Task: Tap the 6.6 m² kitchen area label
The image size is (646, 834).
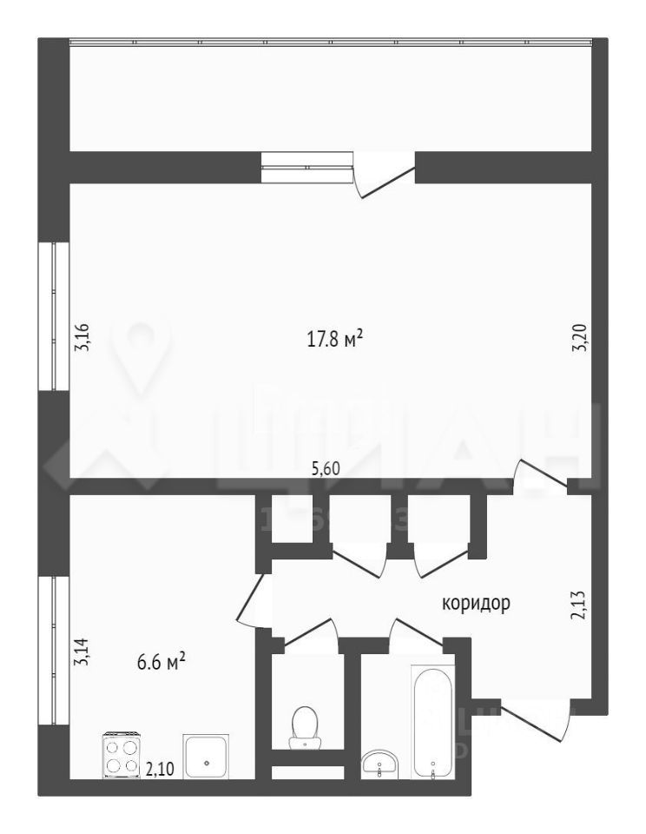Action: [162, 663]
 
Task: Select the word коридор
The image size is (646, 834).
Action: [475, 603]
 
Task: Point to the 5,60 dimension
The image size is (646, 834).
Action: [326, 468]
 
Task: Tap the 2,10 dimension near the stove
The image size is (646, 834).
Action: [158, 768]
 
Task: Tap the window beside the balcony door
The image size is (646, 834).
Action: [307, 167]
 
